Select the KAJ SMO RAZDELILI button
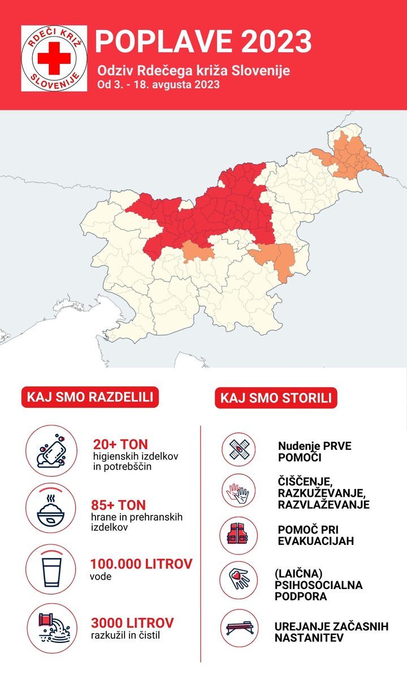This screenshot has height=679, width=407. click(x=90, y=397)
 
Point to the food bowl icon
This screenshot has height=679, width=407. click(x=50, y=508)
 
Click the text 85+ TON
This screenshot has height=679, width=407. click(x=118, y=505)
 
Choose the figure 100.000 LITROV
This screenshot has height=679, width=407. click(x=141, y=564)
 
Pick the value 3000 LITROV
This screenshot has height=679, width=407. click(x=132, y=623)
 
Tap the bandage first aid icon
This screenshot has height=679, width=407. click(x=238, y=450)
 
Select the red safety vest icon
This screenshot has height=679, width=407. click(x=238, y=534)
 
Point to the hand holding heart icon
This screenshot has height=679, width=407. click(x=238, y=579)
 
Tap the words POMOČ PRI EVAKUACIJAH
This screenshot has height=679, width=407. click(x=315, y=535)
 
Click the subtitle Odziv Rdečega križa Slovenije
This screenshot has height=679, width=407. click(x=193, y=71)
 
